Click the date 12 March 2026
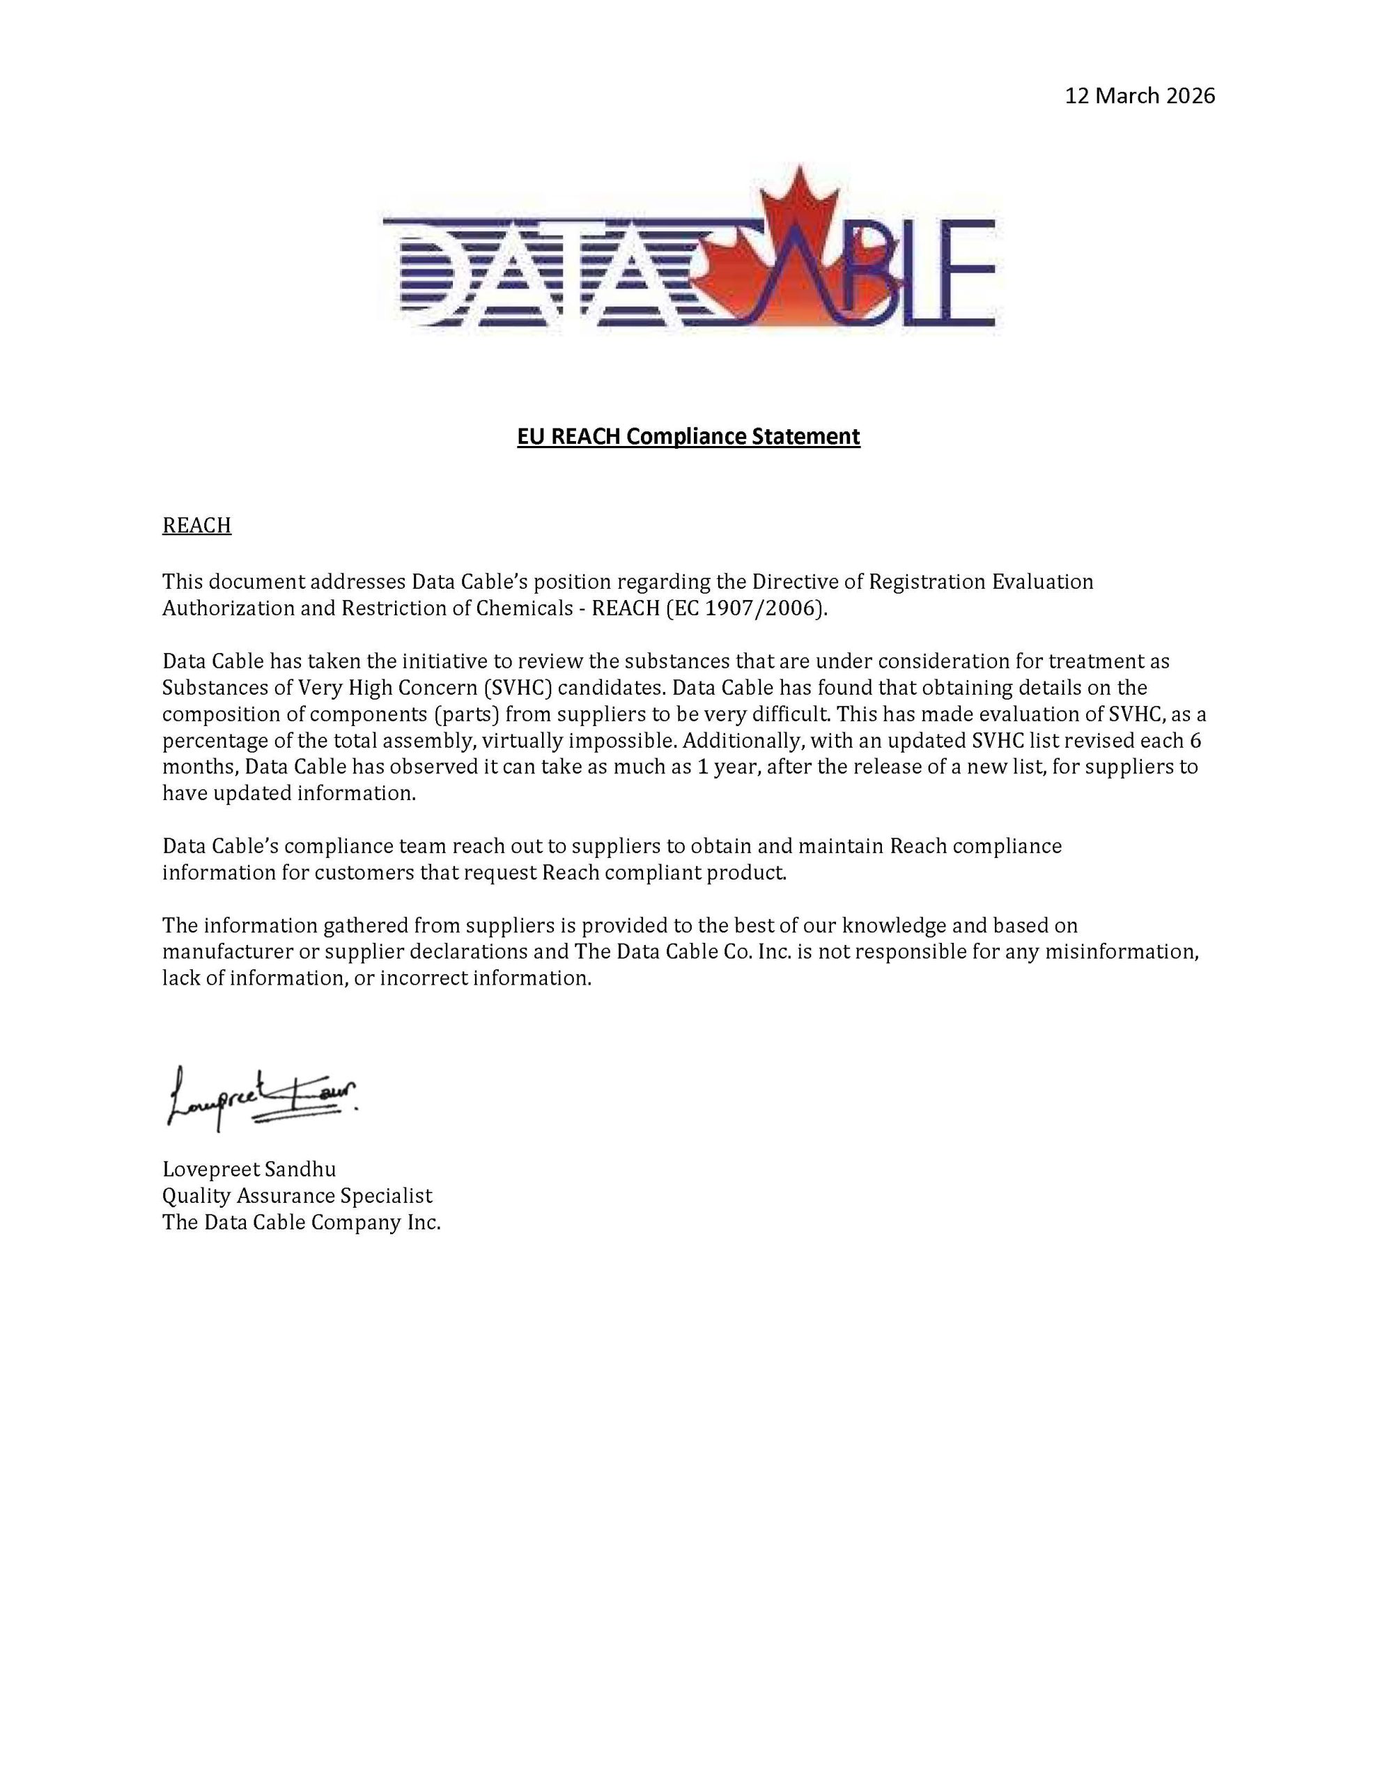pos(1140,96)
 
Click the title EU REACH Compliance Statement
pos(688,437)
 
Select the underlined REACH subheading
pos(197,525)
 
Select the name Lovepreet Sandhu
pos(249,1170)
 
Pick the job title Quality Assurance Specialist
pos(297,1196)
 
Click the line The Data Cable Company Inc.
pos(302,1222)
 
